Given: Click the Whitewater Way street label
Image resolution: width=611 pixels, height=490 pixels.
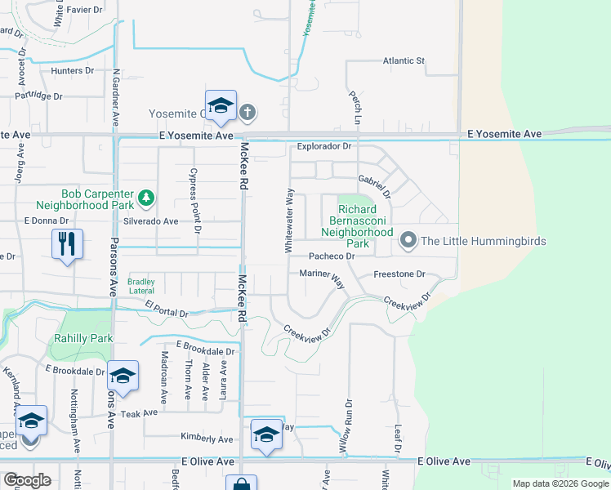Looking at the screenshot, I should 289,220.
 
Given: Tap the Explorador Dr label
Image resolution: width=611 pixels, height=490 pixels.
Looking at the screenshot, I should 323,147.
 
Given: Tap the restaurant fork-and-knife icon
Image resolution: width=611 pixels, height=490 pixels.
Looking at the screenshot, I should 67,243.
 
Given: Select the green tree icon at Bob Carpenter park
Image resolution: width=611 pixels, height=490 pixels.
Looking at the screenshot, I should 146,197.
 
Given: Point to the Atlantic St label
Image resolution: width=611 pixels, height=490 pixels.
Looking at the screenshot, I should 404,60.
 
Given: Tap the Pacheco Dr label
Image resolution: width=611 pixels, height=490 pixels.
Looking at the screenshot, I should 331,256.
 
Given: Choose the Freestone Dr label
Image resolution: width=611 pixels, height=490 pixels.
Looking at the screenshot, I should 399,274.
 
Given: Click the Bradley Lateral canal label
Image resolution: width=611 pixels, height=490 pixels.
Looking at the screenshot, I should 140,286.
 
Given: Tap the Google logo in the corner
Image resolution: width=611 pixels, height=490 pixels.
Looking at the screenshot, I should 26,479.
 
